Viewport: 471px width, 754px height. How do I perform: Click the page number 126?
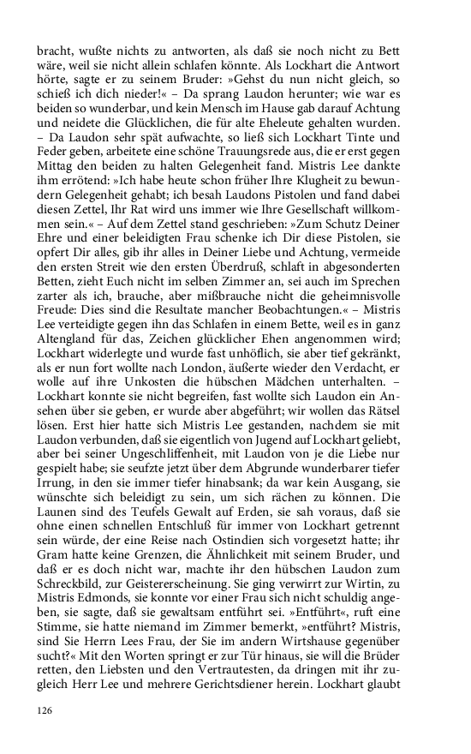pyautogui.click(x=45, y=710)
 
